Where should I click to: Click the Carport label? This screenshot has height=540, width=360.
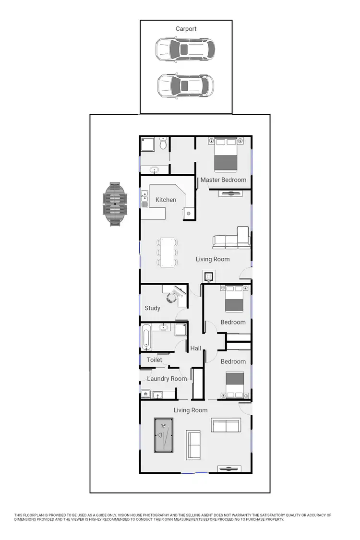(186, 29)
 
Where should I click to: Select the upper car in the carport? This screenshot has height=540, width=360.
(185, 50)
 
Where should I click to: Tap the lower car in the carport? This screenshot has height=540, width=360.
(185, 86)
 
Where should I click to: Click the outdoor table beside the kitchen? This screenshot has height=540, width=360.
(116, 204)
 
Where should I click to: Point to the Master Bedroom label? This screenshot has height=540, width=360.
(223, 180)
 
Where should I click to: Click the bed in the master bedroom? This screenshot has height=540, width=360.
(226, 155)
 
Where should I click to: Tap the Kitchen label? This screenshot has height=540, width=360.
(166, 200)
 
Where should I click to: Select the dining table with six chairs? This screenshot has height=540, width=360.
(167, 252)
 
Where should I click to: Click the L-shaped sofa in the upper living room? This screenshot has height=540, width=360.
(232, 239)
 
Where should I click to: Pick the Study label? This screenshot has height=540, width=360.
(153, 308)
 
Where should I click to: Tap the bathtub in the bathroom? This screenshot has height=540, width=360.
(146, 337)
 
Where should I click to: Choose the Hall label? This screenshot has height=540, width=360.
(195, 348)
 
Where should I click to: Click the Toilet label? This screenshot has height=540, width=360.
(155, 360)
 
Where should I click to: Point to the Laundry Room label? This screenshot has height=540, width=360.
(167, 379)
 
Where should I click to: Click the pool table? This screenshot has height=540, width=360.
(164, 435)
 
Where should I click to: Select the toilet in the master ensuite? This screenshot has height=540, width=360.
(163, 143)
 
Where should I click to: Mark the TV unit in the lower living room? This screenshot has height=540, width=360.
(228, 468)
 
